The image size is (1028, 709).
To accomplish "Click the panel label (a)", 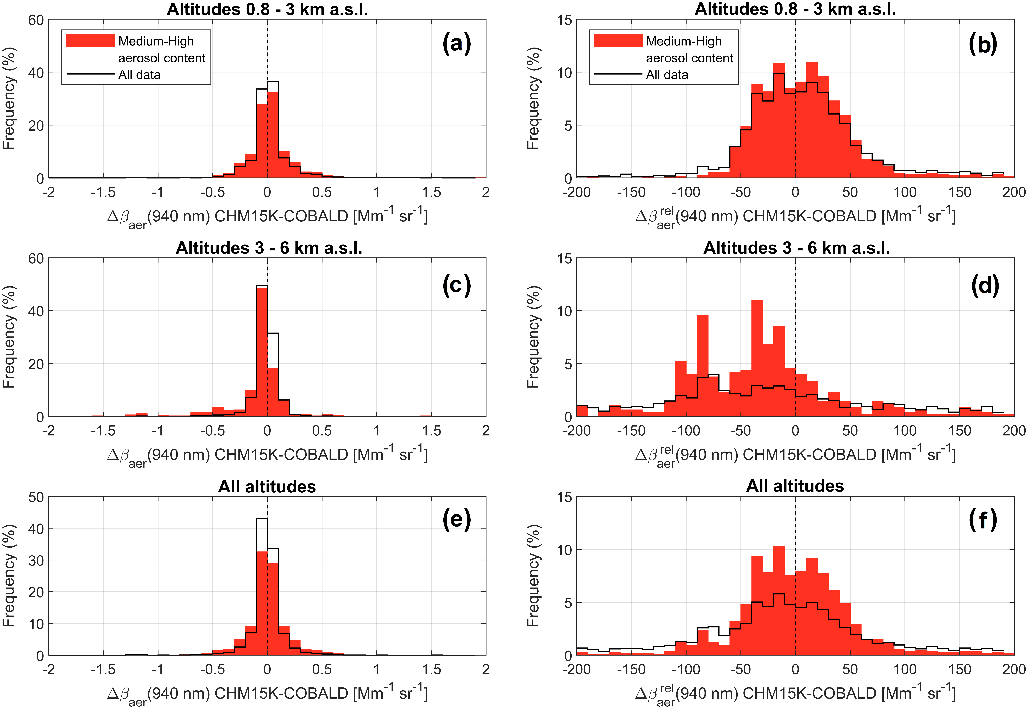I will point(457,44).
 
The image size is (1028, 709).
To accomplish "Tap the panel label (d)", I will point(985,285).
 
